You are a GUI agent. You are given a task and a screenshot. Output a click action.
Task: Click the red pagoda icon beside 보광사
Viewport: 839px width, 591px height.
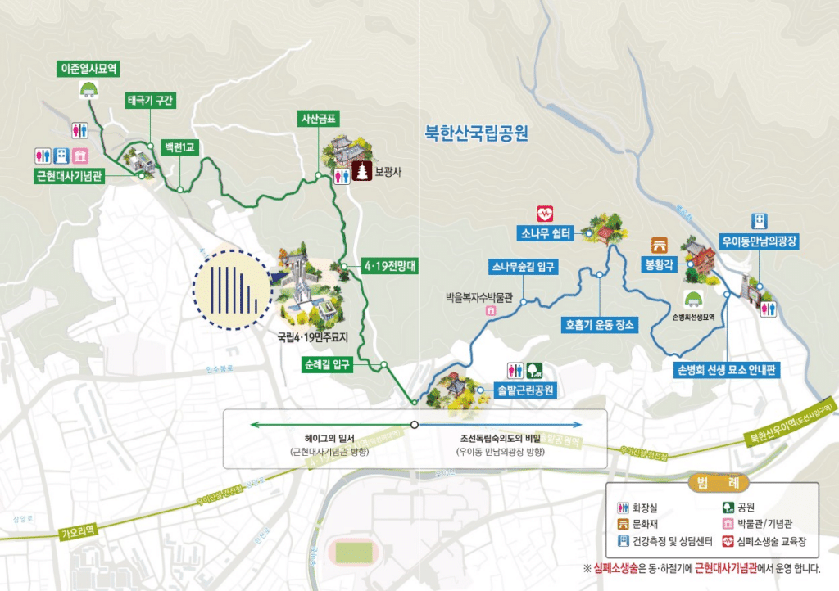pos(361,174)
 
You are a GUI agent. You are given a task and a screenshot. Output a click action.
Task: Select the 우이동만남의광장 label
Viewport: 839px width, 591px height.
pos(760,241)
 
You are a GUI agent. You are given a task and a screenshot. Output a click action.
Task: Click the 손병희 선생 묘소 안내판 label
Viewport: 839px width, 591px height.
pos(727,370)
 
